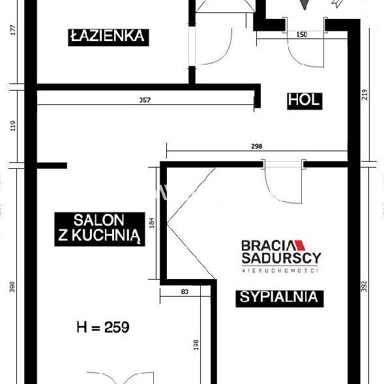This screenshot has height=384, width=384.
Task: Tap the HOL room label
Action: pos(303,100)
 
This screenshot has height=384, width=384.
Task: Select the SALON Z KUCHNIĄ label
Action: pos(99,228)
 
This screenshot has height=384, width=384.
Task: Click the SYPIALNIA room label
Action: pos(278,297)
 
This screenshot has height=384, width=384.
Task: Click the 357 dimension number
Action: pos(146,100)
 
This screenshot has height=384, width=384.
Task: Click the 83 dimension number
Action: pos(186,291)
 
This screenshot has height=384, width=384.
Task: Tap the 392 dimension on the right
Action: pos(368,287)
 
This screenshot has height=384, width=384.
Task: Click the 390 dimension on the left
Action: pos(12,287)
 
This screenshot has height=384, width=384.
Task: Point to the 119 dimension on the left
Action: pos(12,125)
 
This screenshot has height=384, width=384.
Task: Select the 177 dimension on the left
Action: pos(12,31)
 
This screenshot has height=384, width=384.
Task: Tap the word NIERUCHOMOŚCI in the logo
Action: pos(280,270)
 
